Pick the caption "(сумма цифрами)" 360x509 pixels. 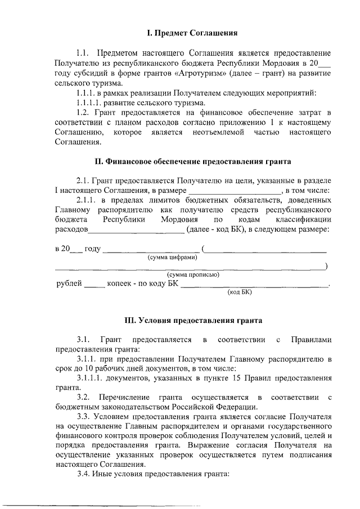coord(172,257)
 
